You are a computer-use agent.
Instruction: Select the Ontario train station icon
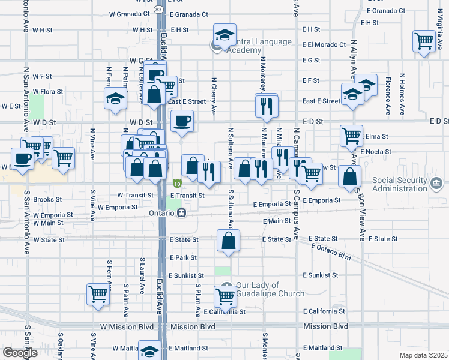[x=181, y=213]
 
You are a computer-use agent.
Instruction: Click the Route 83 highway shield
[x=158, y=10]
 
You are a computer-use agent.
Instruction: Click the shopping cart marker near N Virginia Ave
[x=424, y=41]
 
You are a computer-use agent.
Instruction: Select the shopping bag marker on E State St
[x=228, y=241]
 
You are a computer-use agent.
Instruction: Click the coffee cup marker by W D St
[x=182, y=121]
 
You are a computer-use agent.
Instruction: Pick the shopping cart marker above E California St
[x=225, y=295]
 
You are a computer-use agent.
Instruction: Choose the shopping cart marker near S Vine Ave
[x=98, y=294]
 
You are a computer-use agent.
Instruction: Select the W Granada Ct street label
[x=130, y=14]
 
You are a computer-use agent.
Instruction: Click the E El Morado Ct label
[x=324, y=44]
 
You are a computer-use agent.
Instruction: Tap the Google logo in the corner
[x=19, y=353]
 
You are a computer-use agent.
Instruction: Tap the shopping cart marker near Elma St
[x=351, y=135]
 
